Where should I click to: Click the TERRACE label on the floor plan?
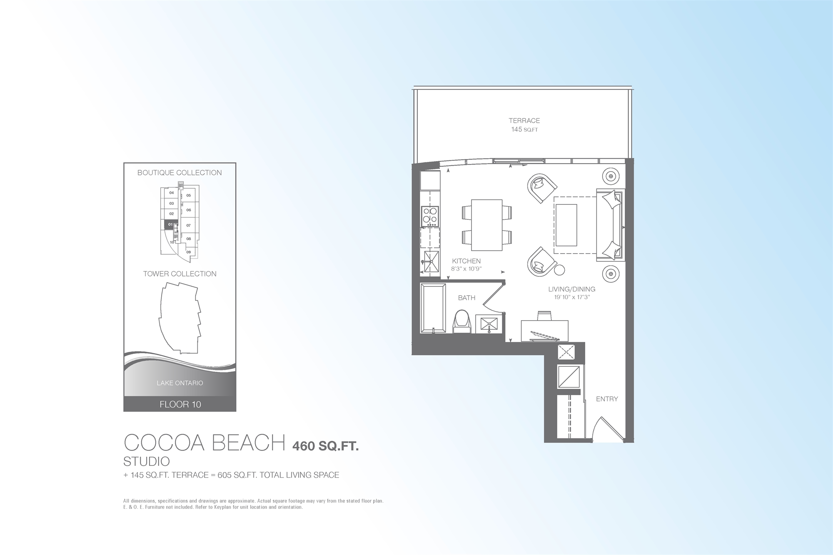coord(524,121)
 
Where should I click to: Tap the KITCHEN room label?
coord(466,261)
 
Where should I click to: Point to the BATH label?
coord(466,298)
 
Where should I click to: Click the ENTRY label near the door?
coord(607,399)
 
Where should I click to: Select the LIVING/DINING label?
coord(571,289)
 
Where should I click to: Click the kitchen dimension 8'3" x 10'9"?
coord(466,269)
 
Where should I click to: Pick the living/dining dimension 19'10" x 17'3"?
coord(571,297)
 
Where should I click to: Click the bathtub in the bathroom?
coord(433,308)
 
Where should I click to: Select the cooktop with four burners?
coord(430,216)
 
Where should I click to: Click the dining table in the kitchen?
coord(486,225)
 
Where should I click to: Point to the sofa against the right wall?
coord(610,225)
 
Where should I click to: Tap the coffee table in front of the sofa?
coord(566,225)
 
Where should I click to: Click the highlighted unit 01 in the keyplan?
coord(170,224)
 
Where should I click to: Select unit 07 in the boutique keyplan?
coord(189,225)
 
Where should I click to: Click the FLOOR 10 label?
coord(180,404)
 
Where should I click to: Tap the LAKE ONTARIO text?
coord(180,383)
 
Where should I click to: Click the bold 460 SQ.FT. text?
coord(325,446)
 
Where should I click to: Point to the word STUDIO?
coord(147,461)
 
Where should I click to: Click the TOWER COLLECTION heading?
coord(180,274)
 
